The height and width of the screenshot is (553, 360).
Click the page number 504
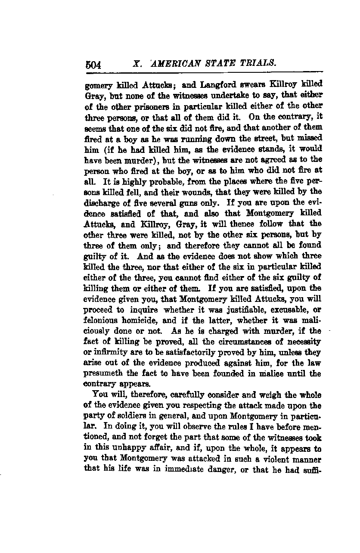coord(93,65)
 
